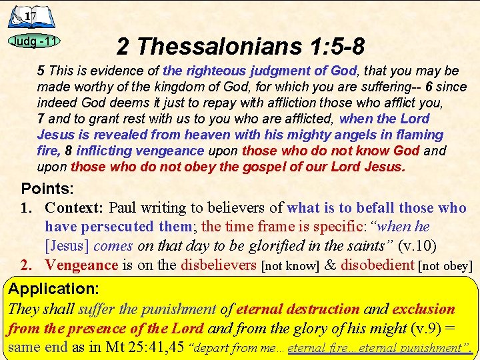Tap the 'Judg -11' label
(x=34, y=41)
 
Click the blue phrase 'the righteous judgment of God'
(x=260, y=71)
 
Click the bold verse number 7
(x=41, y=119)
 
